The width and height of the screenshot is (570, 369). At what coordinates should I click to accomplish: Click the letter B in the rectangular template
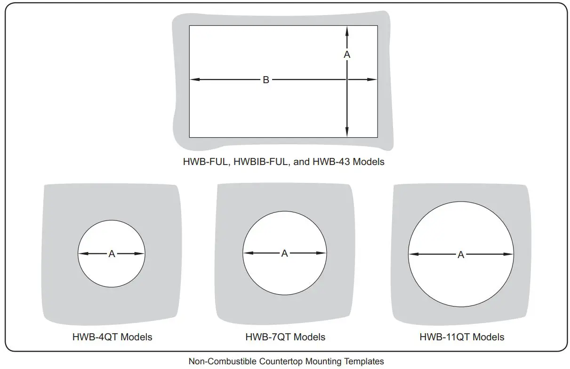coord(266,80)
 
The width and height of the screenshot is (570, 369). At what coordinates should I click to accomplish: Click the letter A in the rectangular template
coord(347,55)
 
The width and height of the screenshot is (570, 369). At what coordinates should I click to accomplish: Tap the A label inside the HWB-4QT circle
coord(112,254)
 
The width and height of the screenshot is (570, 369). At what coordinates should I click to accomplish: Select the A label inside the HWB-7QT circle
coord(284,253)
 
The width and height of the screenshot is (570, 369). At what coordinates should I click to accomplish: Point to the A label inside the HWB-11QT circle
coord(461,255)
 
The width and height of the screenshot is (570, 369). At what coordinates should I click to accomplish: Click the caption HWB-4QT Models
coord(112,337)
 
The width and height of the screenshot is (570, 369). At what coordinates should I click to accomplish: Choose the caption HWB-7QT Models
coord(285,337)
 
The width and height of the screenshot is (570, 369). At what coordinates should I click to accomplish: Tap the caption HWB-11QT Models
coord(462,337)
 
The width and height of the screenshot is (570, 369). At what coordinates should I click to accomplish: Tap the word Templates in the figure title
coord(366,361)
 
